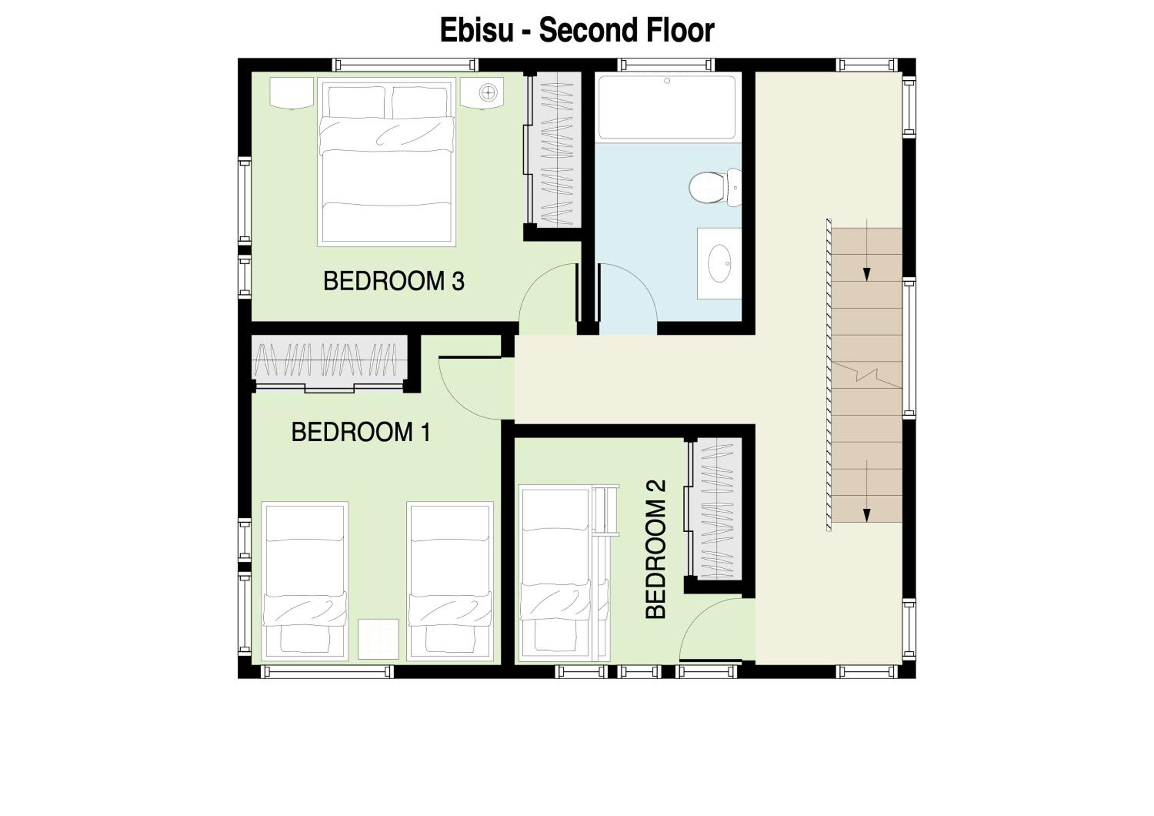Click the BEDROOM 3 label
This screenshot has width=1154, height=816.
pos(394,281)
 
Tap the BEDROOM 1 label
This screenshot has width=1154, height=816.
pos(361,432)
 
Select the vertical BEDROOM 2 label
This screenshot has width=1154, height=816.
pos(656,549)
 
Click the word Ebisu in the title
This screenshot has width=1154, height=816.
pos(477,30)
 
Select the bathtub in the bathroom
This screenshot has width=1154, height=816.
pos(667,107)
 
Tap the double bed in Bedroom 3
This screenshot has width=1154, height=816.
pos(387,162)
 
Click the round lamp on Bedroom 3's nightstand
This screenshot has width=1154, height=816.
pos(487,92)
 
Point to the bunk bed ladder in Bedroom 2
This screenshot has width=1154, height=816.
pos(606,510)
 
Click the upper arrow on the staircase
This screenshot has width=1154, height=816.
pos(867,250)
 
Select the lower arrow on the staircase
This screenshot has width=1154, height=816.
pos(867,491)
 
